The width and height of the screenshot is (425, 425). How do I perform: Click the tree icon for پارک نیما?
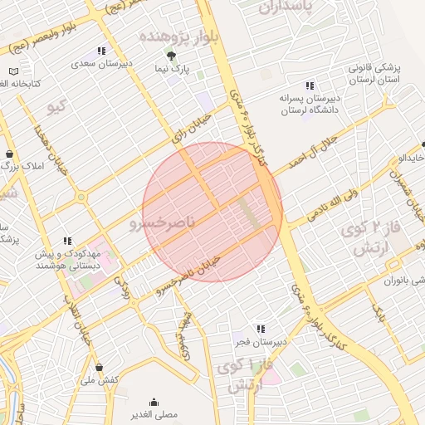(171, 56)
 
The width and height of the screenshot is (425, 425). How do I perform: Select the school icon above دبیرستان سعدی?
(101, 50)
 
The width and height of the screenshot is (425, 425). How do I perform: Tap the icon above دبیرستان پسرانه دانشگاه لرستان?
(310, 85)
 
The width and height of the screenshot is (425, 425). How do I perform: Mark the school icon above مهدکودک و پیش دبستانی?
(67, 241)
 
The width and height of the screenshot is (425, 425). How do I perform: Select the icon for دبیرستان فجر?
(261, 329)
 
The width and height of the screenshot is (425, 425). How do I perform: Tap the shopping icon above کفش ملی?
(100, 368)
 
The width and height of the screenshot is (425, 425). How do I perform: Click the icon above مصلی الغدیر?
(153, 402)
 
